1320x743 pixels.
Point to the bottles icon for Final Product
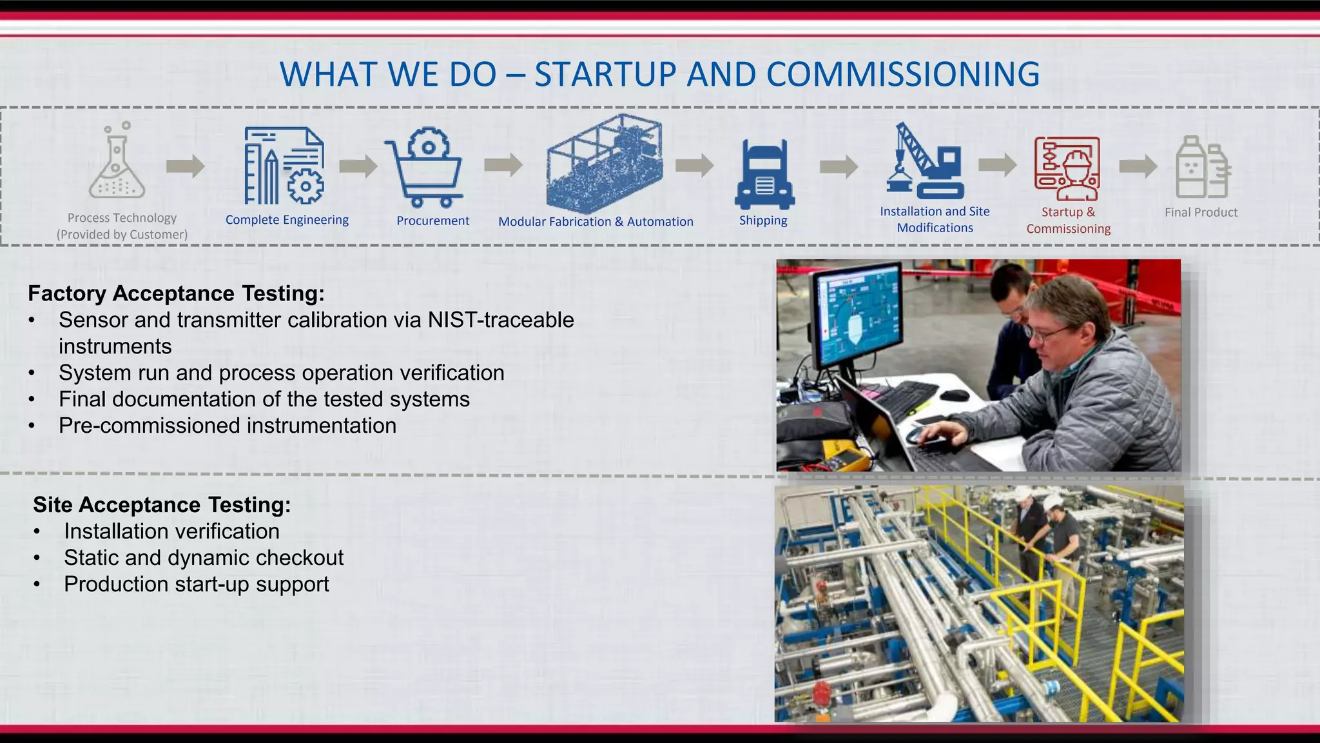click(1203, 168)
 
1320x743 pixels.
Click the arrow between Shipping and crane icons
click(839, 167)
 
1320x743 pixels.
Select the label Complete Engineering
click(287, 220)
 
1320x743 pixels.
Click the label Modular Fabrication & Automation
click(596, 222)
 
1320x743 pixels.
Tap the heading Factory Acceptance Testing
click(176, 293)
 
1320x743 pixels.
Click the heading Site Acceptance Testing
click(162, 505)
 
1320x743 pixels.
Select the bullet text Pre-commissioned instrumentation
click(228, 426)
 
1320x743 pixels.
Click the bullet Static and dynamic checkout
click(204, 558)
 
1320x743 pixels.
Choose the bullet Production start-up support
click(197, 584)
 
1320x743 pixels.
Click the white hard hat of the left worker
click(1022, 494)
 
